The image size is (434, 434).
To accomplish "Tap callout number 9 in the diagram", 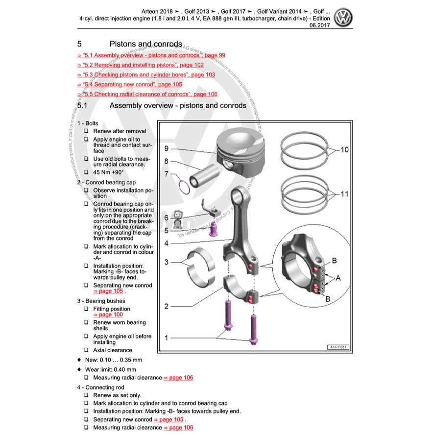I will (167, 148).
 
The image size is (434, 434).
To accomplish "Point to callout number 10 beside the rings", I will (344, 149).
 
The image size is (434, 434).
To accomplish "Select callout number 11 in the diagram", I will (344, 194).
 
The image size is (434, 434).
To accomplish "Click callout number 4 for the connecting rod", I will (167, 243).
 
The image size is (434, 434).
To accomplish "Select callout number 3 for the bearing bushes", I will (167, 262).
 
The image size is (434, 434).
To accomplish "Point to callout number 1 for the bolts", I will (167, 338).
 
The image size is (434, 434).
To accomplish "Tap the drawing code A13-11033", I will (338, 347).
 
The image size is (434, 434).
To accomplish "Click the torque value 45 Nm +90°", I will (108, 172).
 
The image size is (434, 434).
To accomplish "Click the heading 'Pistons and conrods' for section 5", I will (145, 44).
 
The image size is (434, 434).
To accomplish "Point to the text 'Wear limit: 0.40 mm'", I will (110, 369).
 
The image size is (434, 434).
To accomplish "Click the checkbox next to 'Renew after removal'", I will (86, 131).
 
